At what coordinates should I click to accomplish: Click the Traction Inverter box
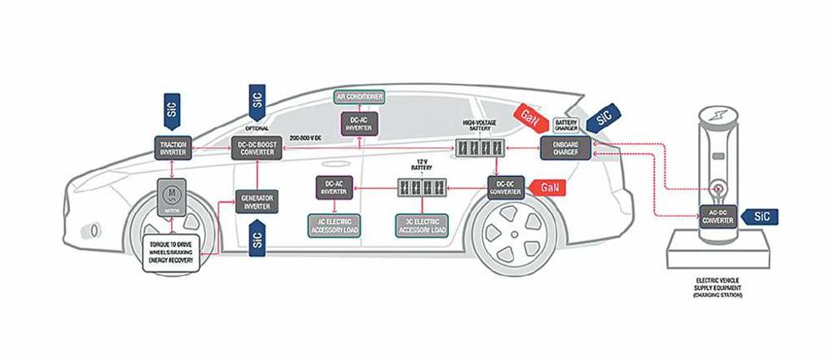pyautogui.click(x=173, y=148)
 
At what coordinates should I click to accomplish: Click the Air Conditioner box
pyautogui.click(x=361, y=97)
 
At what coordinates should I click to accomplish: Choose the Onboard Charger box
pyautogui.click(x=565, y=148)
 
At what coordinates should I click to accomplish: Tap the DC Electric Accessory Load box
pyautogui.click(x=422, y=226)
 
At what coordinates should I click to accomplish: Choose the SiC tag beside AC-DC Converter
pyautogui.click(x=761, y=216)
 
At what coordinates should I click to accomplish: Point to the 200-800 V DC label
pyautogui.click(x=306, y=139)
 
